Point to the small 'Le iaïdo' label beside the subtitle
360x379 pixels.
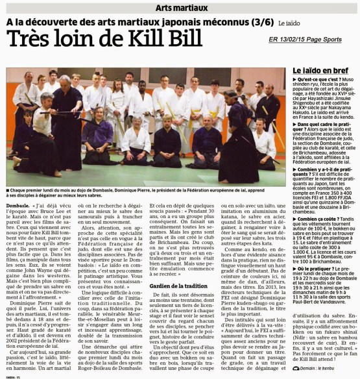coord(289,23)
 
